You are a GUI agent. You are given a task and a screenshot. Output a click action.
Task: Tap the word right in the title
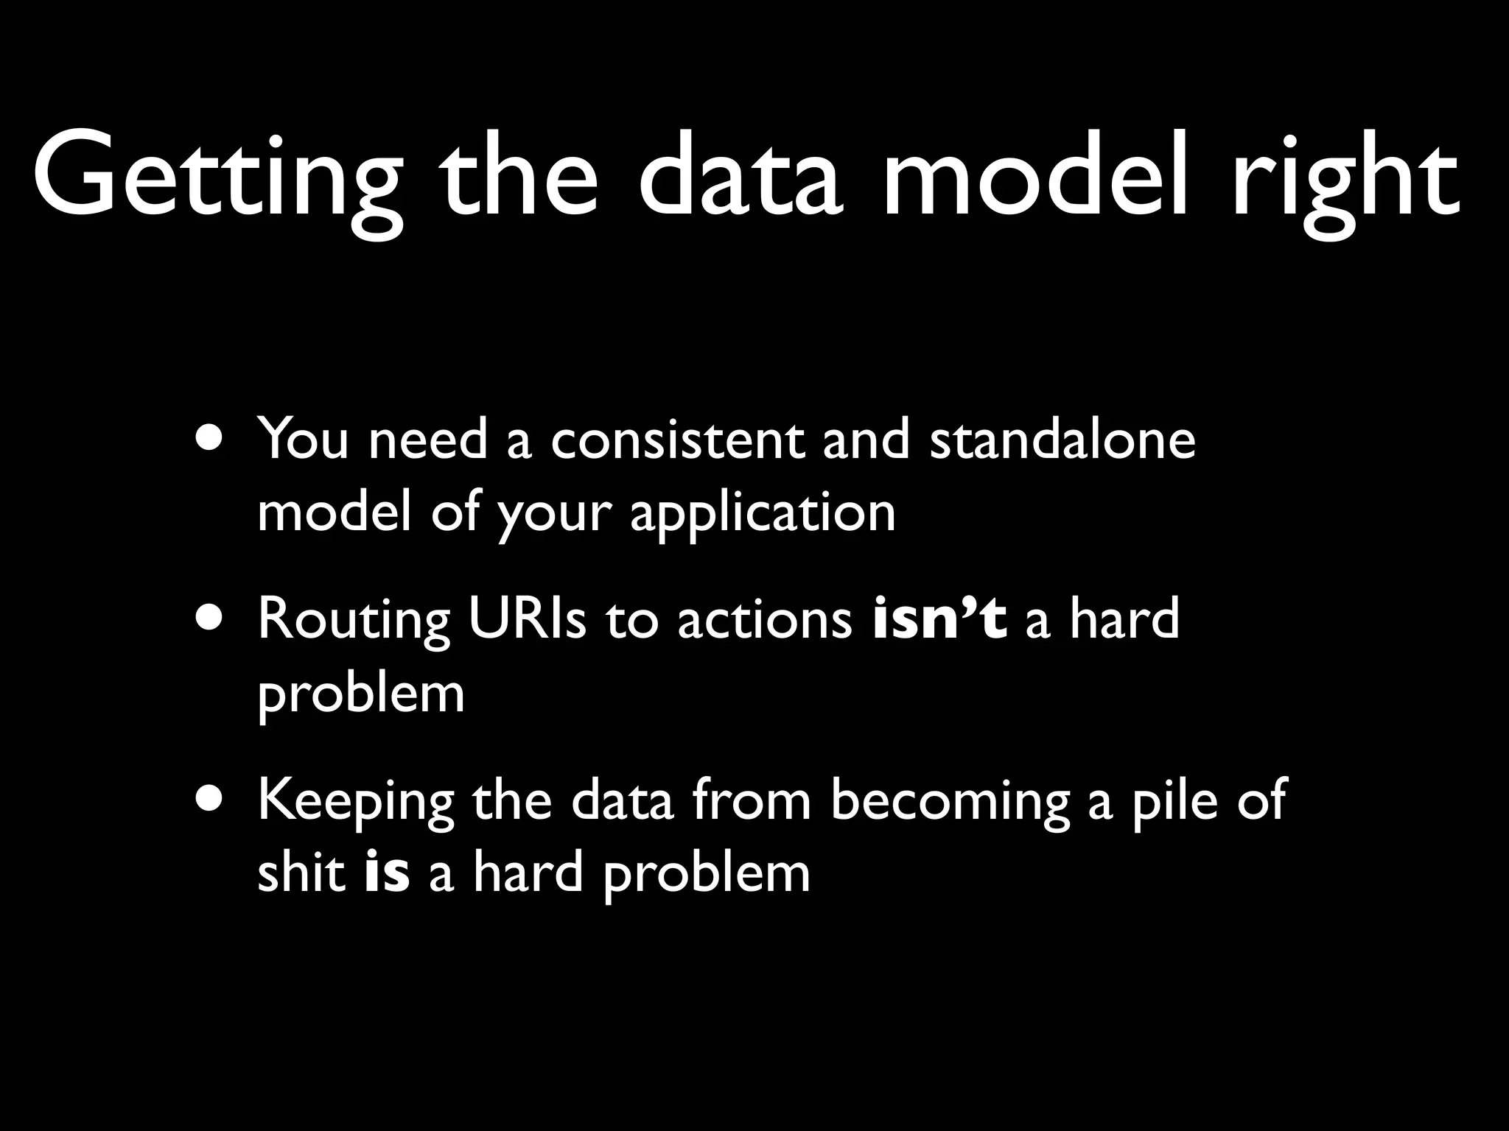[1345, 180]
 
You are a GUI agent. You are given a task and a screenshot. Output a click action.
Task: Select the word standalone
[1062, 440]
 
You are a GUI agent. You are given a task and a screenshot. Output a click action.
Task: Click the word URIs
[527, 619]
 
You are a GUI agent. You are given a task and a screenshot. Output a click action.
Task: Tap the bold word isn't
[939, 619]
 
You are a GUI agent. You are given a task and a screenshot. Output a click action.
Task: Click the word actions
[764, 619]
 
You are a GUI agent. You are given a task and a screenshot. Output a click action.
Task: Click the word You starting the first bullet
[303, 440]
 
